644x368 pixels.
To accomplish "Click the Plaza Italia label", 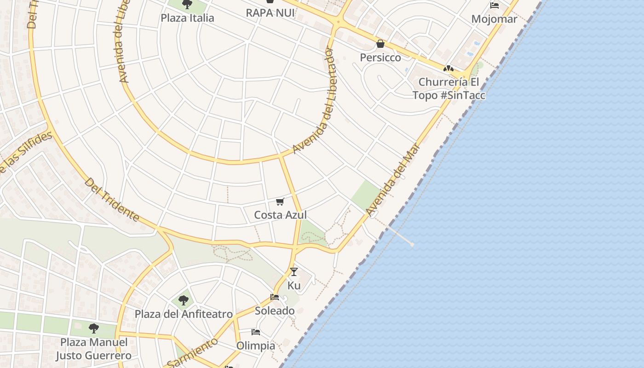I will (x=187, y=18).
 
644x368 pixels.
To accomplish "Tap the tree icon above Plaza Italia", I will (x=187, y=5).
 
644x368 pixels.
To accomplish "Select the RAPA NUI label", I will (x=270, y=13).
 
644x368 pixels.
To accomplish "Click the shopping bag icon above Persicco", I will (x=380, y=44).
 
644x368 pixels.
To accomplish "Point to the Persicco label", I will (x=380, y=57).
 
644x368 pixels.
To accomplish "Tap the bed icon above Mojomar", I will (x=494, y=6).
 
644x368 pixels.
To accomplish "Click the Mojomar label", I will (x=494, y=19).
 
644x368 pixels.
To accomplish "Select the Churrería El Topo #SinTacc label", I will (x=448, y=89).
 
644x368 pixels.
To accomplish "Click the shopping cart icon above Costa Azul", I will (x=280, y=201).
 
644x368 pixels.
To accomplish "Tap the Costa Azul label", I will (x=280, y=215).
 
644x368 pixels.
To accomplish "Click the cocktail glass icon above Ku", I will (x=294, y=272).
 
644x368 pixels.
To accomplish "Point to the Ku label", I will (x=294, y=286).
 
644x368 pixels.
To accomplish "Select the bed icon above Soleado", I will (x=275, y=297).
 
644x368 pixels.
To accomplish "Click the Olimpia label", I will (x=256, y=345).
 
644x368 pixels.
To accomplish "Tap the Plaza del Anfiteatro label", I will (x=184, y=314).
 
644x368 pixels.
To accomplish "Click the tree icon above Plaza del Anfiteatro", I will (x=184, y=301).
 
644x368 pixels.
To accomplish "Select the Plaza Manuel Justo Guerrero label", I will (x=94, y=349).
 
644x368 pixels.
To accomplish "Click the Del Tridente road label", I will (x=112, y=200).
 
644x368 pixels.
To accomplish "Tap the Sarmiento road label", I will (x=192, y=353).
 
